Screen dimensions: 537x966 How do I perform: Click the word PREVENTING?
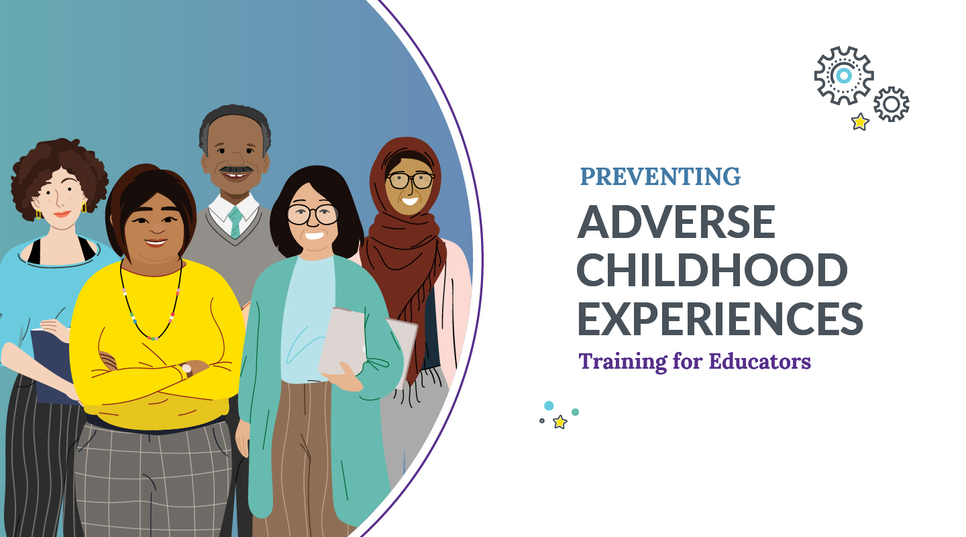tap(660, 176)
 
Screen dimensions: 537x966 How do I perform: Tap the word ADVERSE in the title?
tap(676, 222)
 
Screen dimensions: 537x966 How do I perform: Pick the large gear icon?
tap(843, 75)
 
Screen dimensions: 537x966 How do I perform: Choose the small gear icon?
tap(891, 104)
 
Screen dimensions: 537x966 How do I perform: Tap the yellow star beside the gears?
tap(860, 122)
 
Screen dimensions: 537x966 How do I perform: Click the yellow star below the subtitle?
tap(559, 422)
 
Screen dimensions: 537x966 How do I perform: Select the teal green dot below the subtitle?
tap(575, 412)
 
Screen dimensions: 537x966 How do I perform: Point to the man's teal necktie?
tap(234, 222)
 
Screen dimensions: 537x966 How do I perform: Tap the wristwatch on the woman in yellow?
tap(186, 368)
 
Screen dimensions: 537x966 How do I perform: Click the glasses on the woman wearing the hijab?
tap(410, 180)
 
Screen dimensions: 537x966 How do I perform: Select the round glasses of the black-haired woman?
tap(313, 215)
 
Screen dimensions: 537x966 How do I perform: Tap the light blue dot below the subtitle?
tap(549, 406)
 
